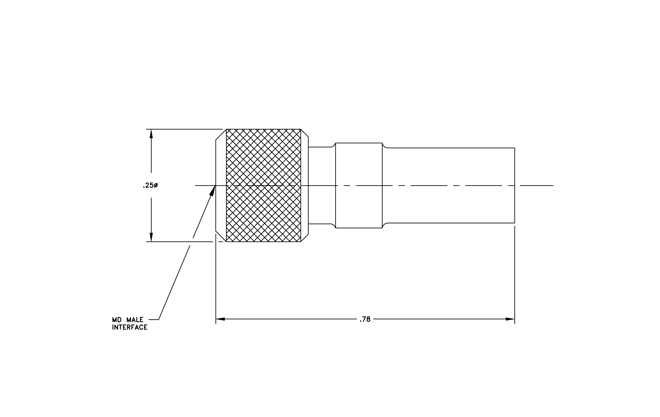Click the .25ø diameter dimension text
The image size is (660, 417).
pos(150,186)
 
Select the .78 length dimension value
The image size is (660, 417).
pos(365,319)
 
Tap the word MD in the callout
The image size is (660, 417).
pos(117,320)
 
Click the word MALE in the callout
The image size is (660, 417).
pos(135,320)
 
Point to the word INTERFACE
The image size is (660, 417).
pos(130,327)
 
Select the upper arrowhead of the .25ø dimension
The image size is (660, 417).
pos(151,134)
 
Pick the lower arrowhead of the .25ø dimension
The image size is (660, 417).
pos(151,237)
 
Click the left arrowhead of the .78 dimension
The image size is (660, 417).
pos(220,319)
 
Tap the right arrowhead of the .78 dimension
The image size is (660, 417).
pos(510,319)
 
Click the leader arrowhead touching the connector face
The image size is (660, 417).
pos(213,191)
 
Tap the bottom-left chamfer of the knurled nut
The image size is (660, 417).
pos(221,236)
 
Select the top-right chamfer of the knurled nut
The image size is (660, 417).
pos(305,133)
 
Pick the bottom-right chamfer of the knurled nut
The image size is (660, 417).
pos(305,238)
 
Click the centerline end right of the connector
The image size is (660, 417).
pos(553,186)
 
